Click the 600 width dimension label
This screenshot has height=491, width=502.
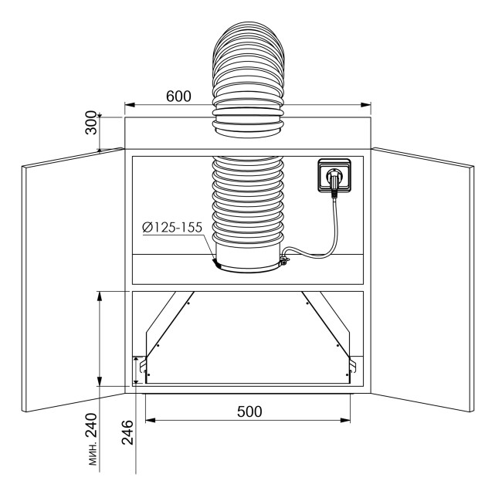click(x=178, y=96)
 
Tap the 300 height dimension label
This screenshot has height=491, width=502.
click(x=91, y=123)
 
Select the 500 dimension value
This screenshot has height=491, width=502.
click(x=249, y=411)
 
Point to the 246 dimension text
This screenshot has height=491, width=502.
click(x=127, y=432)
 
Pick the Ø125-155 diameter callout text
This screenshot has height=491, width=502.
click(x=172, y=227)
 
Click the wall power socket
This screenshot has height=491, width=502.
click(x=334, y=176)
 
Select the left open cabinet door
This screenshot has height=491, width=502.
click(x=73, y=280)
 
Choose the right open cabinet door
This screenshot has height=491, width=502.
click(x=423, y=280)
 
